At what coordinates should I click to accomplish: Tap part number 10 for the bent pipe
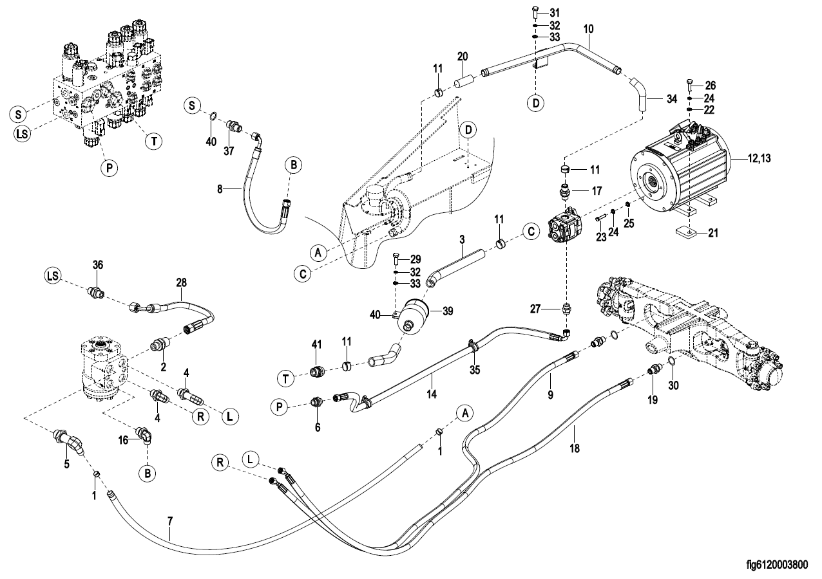point(588,29)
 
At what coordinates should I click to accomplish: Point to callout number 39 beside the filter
point(446,311)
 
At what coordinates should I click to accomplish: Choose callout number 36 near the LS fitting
point(97,264)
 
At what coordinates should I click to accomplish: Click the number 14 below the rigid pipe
point(431,392)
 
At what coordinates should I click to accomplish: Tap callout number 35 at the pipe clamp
point(475,369)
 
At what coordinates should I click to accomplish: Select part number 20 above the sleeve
point(462,56)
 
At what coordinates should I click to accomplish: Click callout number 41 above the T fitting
point(316,345)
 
